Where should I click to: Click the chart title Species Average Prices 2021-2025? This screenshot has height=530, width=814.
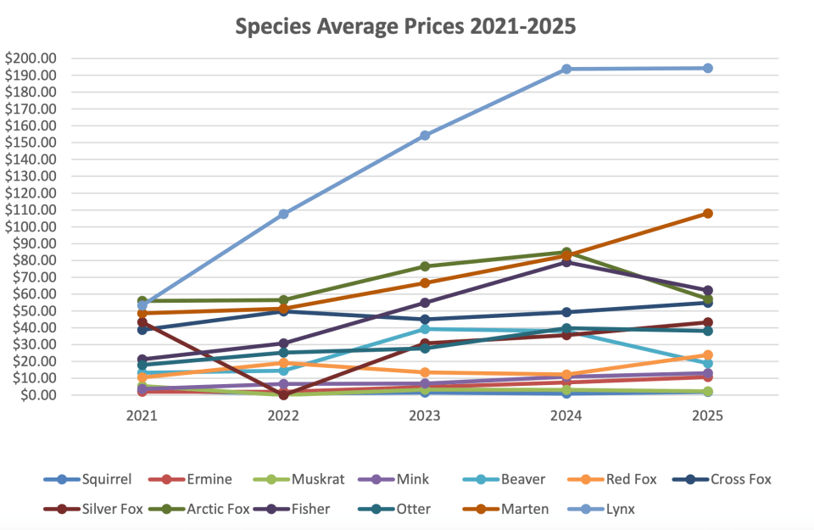pos(405,26)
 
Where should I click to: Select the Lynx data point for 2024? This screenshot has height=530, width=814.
pos(566,69)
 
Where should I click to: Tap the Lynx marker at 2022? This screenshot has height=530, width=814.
pos(283,214)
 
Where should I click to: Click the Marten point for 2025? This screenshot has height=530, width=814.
pos(707,213)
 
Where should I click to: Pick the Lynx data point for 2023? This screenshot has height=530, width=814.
pos(425,135)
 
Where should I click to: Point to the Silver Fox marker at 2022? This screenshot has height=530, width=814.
pos(283,394)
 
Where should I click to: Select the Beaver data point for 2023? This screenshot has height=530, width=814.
pos(425,329)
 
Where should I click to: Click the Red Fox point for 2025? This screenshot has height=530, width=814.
pos(707,355)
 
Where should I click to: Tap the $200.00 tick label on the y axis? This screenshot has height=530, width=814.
pos(31,59)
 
